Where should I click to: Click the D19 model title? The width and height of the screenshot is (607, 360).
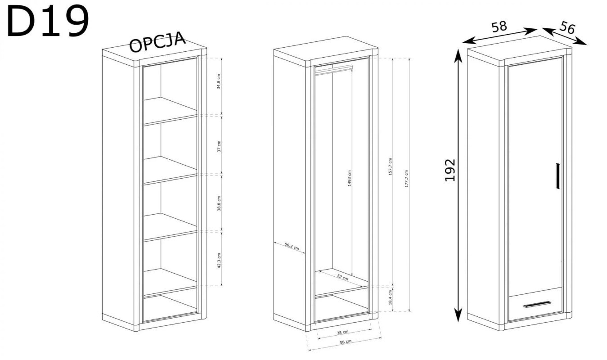coord(48,21)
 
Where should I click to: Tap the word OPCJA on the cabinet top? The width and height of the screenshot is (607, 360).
coord(157,42)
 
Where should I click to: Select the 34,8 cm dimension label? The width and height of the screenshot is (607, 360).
coord(219,81)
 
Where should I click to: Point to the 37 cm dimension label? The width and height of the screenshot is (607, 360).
coord(219,146)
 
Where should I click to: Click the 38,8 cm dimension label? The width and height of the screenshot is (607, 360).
coord(219,203)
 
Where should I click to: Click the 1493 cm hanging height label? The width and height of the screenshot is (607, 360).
coord(349,178)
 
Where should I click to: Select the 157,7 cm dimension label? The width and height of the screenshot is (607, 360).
coord(390,166)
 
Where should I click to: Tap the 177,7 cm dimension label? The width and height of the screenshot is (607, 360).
coord(406,179)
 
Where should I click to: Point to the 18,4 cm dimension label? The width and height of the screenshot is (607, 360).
coord(390,297)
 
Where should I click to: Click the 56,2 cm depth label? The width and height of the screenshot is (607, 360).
coord(292,247)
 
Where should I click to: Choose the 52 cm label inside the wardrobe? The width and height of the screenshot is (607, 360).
coord(342,277)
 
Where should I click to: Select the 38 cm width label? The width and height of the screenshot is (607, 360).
coord(342,332)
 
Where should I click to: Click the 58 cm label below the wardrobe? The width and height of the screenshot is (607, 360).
coord(346,342)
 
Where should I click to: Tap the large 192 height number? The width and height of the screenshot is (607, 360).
coord(450,170)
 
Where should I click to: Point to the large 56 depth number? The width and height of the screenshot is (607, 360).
coord(567,27)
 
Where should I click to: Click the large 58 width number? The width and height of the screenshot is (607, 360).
coord(499,27)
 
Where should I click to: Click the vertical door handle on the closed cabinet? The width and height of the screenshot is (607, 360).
coord(558,176)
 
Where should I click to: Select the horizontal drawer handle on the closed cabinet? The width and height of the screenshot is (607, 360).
coord(537,304)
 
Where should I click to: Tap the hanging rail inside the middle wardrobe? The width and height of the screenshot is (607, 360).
coord(334,69)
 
